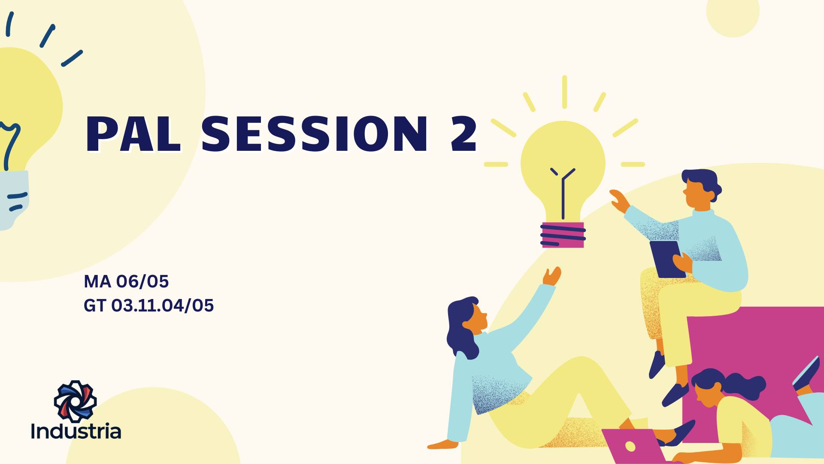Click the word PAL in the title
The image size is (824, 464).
133,134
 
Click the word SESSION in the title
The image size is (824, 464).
315,134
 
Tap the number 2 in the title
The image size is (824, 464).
463,134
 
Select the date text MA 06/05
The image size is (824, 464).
126,281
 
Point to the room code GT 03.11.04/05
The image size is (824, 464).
148,305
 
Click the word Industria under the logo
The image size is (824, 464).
76,431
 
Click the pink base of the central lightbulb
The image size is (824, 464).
563,235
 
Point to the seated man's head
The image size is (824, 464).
700,189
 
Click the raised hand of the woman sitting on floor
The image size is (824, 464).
552,276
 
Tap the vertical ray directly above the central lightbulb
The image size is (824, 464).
564,92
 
